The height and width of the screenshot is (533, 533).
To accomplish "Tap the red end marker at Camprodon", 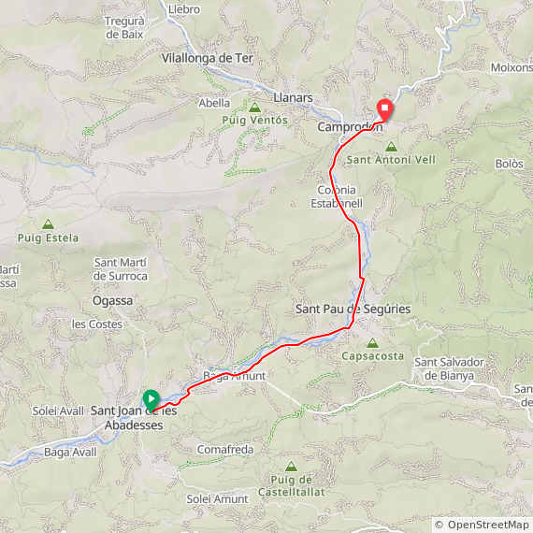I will tap(383, 108).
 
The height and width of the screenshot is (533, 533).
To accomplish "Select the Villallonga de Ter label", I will tap(208, 57).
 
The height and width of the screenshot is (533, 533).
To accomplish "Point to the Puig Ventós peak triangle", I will tap(255, 108).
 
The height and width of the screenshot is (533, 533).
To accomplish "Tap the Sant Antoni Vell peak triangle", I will tap(391, 147).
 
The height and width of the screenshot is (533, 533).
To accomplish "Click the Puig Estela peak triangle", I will tap(48, 224).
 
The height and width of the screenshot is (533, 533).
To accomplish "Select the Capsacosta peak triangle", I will tap(373, 343).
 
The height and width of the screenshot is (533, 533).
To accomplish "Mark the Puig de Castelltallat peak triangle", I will tap(291, 466).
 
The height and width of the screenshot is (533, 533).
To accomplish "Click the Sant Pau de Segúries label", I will tap(353, 309).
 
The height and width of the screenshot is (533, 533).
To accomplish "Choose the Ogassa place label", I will tap(113, 301).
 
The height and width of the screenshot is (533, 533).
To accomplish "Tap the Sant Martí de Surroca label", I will tap(121, 268).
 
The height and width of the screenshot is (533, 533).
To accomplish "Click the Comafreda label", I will tap(225, 450).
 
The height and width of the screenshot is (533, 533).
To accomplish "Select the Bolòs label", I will tap(509, 163).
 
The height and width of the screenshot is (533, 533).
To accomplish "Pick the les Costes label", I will tap(97, 324).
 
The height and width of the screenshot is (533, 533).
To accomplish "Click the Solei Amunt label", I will tap(217, 499).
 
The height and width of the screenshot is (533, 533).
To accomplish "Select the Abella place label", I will tap(214, 104).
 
